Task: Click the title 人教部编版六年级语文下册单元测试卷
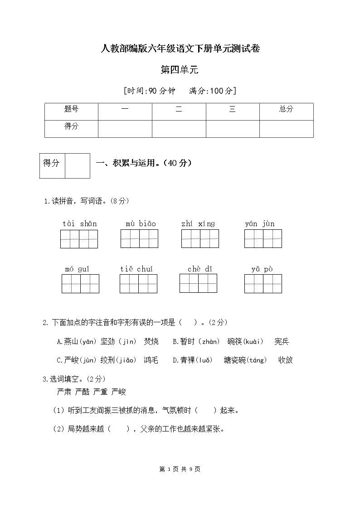tap(180, 49)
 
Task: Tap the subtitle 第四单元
tap(180, 70)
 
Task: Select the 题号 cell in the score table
tap(71, 109)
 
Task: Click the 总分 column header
tap(286, 109)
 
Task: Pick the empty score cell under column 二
tap(179, 129)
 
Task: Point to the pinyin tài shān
tap(79, 223)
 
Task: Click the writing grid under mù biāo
tap(139, 238)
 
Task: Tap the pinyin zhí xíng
tap(198, 223)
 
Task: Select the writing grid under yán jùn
tap(263, 238)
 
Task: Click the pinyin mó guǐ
tap(77, 269)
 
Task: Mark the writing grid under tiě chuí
tap(138, 284)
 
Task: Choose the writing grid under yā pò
tap(263, 284)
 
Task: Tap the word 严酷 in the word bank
tap(82, 392)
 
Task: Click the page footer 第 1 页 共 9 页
tap(180, 469)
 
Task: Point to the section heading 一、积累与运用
tap(144, 164)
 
